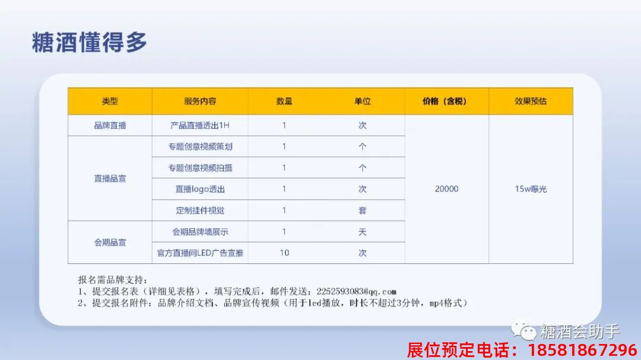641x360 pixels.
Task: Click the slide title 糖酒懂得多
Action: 89,43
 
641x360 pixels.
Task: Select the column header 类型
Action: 110,101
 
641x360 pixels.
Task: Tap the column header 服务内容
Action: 200,101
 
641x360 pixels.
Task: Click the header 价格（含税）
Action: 445,101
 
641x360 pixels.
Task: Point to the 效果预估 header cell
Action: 531,101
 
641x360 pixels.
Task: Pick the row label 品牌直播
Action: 110,125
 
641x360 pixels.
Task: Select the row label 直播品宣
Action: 110,178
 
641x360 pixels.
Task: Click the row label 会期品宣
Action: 110,242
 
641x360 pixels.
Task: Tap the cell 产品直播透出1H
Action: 200,125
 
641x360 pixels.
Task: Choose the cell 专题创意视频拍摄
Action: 200,168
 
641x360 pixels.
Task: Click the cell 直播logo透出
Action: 200,189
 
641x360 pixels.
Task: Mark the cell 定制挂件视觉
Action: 200,210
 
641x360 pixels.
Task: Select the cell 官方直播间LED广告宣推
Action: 200,253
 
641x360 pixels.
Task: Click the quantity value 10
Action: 284,253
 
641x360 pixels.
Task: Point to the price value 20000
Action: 446,189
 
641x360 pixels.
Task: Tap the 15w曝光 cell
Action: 531,189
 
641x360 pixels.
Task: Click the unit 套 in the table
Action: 362,210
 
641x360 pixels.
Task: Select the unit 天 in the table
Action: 362,231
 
